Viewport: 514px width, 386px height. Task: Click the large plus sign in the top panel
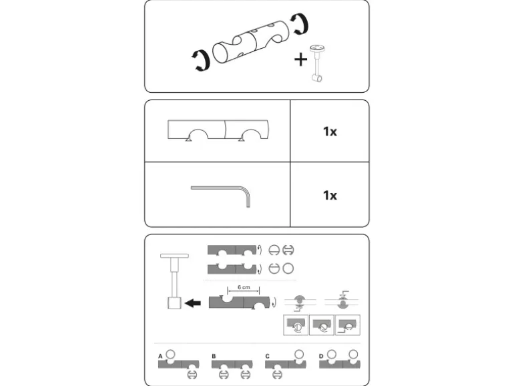pyautogui.click(x=300, y=59)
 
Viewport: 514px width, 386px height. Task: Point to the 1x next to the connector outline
pyautogui.click(x=330, y=132)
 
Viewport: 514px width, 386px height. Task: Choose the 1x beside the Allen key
pyautogui.click(x=330, y=196)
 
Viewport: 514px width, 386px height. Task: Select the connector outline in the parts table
pyautogui.click(x=218, y=130)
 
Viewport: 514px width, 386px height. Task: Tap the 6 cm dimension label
pyautogui.click(x=244, y=287)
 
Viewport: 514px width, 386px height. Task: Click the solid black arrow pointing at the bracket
pyautogui.click(x=193, y=303)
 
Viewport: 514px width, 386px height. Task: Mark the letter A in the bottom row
pyautogui.click(x=160, y=356)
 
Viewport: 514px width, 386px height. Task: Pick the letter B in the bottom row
pyautogui.click(x=214, y=356)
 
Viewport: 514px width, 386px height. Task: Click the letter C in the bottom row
pyautogui.click(x=267, y=356)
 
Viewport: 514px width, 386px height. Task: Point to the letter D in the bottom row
pyautogui.click(x=321, y=356)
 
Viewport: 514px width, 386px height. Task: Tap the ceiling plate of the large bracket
pyautogui.click(x=174, y=256)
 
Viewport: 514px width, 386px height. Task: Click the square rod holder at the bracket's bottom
pyautogui.click(x=174, y=303)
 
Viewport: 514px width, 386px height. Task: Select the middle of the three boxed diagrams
pyautogui.click(x=322, y=325)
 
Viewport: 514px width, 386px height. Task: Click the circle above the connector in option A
pyautogui.click(x=170, y=354)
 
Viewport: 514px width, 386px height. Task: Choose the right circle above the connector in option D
pyautogui.click(x=353, y=354)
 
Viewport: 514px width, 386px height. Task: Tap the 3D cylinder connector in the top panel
pyautogui.click(x=251, y=42)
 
